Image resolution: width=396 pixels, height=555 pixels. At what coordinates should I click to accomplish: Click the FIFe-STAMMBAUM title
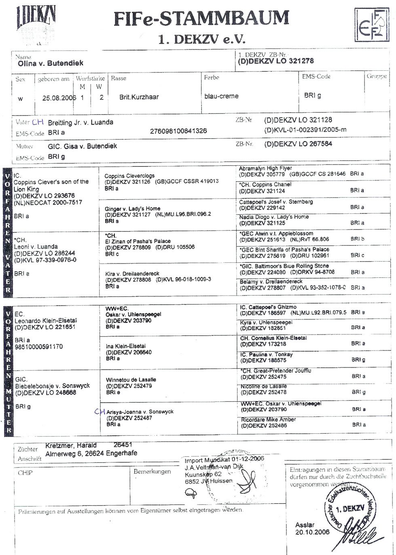point(201,19)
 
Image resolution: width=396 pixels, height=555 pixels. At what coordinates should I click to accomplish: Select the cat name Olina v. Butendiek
point(51,63)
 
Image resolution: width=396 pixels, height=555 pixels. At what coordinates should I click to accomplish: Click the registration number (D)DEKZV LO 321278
point(276,61)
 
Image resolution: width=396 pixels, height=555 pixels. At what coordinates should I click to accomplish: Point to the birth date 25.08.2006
point(59,98)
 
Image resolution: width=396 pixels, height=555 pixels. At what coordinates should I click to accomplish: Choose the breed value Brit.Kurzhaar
point(139,97)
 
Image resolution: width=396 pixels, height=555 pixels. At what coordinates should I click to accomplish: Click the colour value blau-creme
point(221,96)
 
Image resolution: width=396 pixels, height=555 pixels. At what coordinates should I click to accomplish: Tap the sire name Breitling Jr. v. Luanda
point(80,122)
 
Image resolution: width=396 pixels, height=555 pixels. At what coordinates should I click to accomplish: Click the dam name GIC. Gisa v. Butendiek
point(82,146)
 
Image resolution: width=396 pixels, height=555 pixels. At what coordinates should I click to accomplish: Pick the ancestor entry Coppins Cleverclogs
point(129,176)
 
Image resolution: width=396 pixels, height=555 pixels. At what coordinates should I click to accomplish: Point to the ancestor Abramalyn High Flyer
point(265,168)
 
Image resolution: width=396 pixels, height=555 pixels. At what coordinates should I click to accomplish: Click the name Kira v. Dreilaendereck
point(132,274)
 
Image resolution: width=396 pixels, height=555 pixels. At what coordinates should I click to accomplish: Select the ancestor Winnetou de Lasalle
point(131,380)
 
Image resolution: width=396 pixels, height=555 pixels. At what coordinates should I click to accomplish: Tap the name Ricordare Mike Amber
point(268,420)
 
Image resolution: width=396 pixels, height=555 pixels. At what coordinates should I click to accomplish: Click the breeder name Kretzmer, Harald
point(71,445)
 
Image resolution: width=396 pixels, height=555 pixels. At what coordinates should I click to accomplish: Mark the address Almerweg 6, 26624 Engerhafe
point(91,454)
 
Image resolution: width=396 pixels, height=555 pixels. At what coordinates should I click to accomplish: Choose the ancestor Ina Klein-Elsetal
point(125,346)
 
